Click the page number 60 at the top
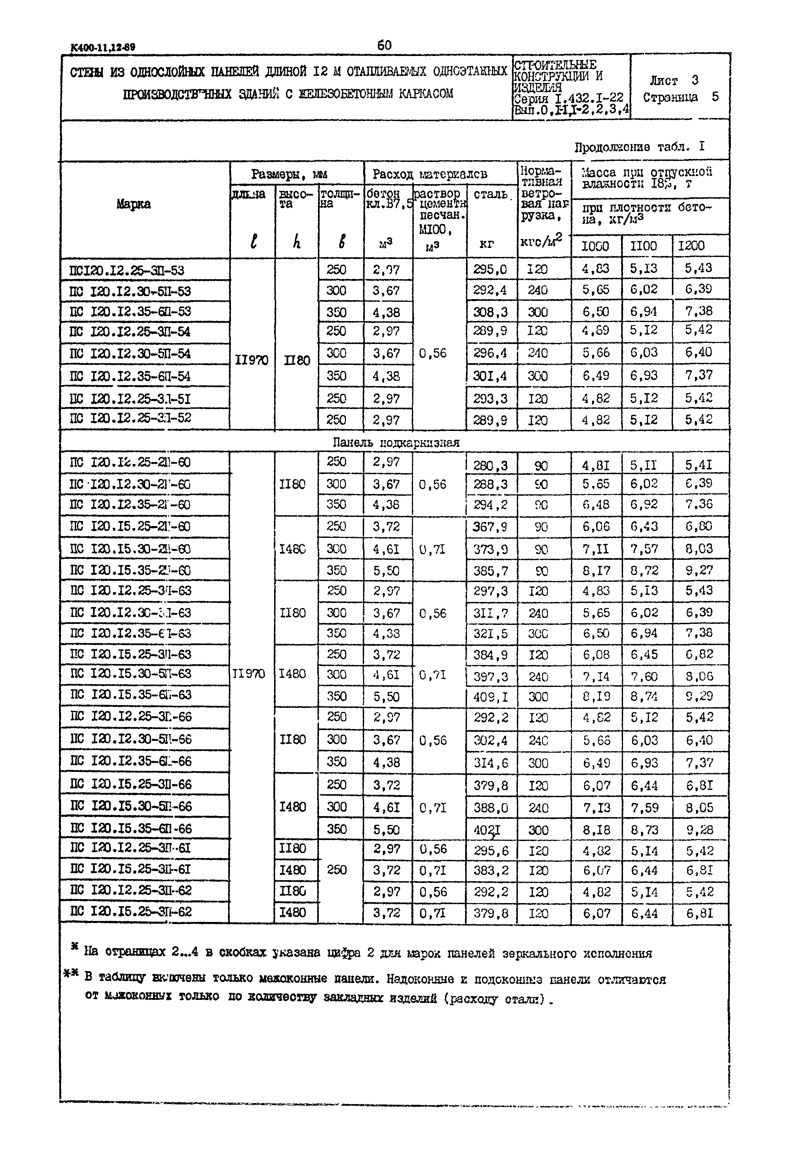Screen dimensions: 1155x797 [385, 46]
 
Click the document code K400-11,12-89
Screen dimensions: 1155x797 [103, 48]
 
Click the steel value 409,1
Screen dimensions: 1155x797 [491, 696]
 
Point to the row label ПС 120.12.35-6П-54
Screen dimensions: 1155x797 [130, 376]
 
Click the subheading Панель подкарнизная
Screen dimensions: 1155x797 [396, 442]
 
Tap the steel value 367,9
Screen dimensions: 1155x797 [491, 526]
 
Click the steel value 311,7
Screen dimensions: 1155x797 [491, 613]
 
